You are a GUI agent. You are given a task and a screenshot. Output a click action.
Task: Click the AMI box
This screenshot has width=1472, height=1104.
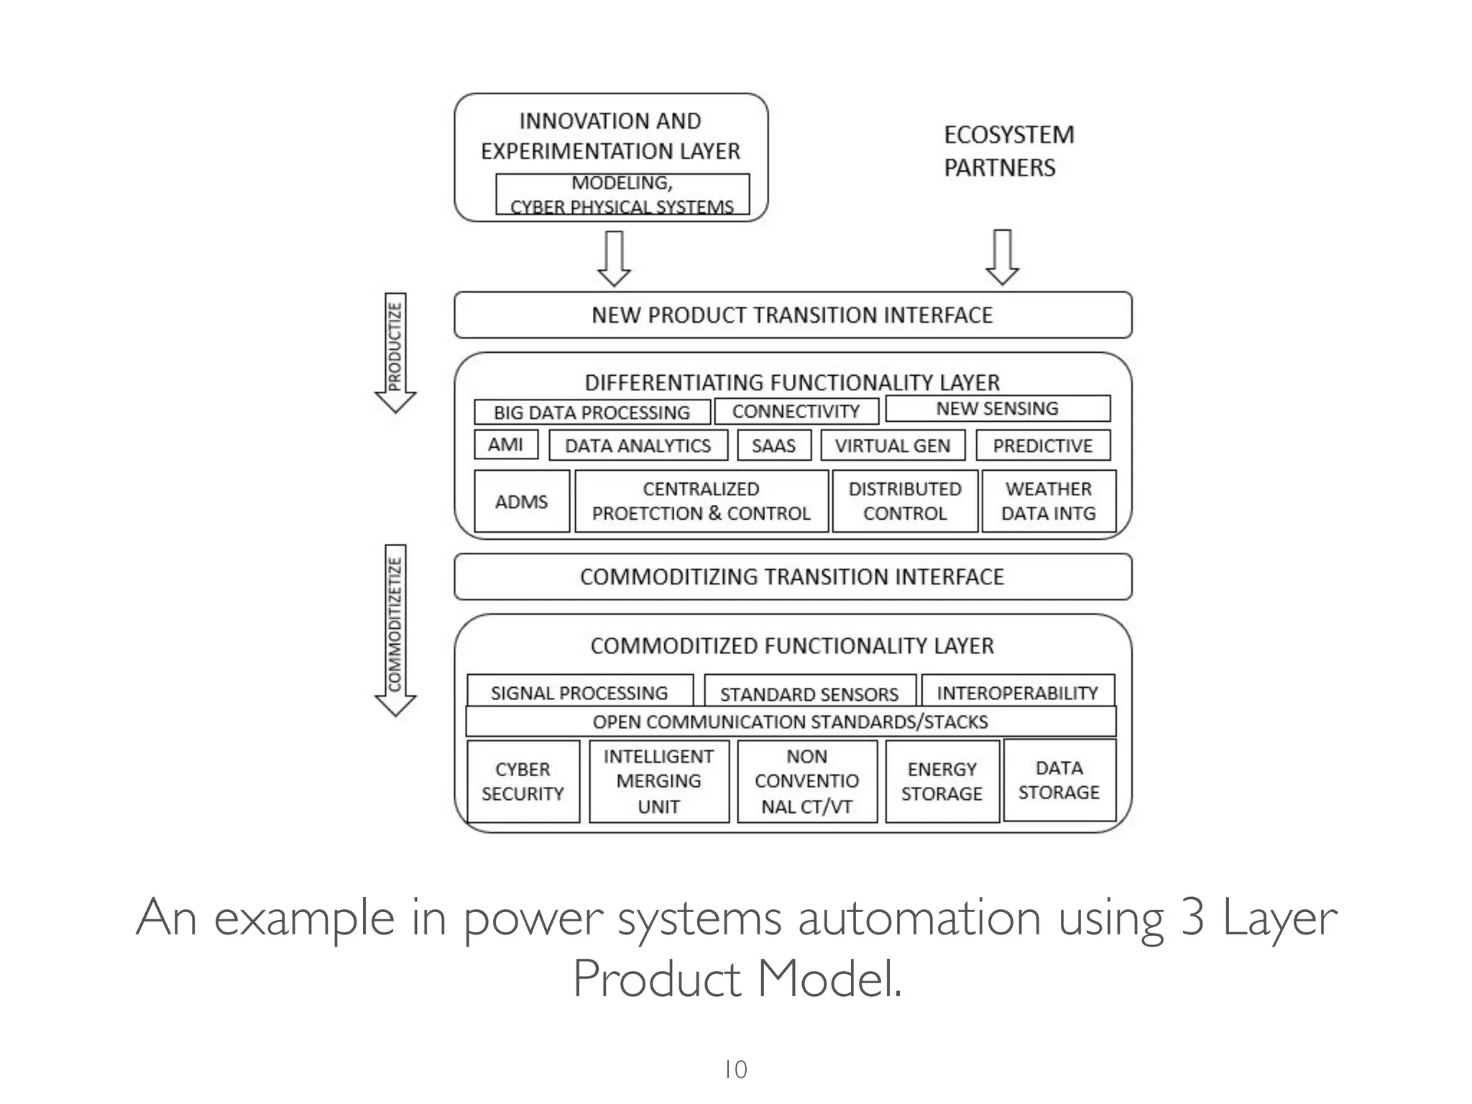point(506,444)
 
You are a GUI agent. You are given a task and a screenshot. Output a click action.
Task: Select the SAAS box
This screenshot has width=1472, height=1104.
point(774,446)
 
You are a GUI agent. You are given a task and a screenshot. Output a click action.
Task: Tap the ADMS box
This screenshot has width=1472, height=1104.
point(522,501)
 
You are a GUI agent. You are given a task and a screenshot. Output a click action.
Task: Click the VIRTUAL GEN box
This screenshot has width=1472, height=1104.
point(893,446)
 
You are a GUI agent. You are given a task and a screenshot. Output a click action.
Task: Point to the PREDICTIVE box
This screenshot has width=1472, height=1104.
point(1043,446)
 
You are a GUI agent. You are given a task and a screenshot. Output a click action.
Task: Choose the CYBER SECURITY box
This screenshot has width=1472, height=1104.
point(523,781)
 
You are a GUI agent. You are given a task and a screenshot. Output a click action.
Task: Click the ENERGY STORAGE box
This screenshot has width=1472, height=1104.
point(942,781)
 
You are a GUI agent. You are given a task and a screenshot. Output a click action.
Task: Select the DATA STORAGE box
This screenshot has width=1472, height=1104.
point(1059,780)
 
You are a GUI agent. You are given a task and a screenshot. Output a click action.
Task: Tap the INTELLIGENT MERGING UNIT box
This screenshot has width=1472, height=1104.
point(659,781)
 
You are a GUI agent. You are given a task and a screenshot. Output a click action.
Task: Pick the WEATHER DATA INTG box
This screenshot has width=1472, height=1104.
point(1049,501)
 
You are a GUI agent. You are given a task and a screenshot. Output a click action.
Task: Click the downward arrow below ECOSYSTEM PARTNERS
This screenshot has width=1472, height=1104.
point(1002,257)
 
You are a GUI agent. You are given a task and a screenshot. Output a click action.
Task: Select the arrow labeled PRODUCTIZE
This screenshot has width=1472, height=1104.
point(395,352)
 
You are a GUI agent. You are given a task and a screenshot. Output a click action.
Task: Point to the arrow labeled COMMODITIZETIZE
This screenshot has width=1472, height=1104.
point(395,630)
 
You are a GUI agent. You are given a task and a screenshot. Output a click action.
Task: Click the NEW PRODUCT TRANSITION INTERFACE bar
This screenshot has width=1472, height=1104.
point(793,315)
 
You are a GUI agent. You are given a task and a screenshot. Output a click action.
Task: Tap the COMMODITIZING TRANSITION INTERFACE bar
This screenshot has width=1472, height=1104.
point(793,576)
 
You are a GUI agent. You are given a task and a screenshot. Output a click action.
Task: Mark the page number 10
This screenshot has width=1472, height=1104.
point(735,1069)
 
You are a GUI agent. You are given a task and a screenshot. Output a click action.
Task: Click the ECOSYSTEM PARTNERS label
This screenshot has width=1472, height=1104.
point(1008,151)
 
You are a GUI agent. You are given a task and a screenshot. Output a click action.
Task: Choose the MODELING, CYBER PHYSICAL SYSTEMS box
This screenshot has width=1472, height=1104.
point(622,194)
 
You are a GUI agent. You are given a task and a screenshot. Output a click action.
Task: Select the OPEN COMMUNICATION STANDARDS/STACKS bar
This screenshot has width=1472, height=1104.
point(791,722)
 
